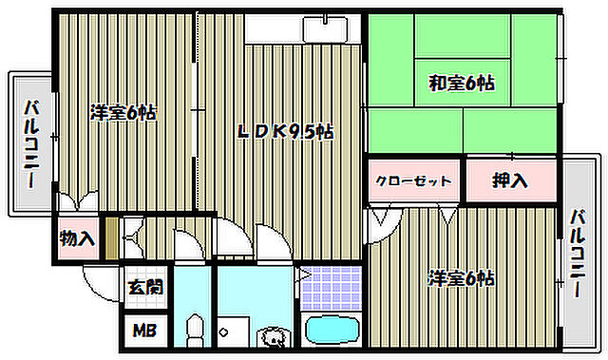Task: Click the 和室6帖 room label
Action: coord(460,84)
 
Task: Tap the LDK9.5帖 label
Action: coord(285,133)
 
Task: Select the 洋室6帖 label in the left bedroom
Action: coord(123,112)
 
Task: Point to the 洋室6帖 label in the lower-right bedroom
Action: coord(461,278)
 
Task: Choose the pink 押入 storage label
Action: coord(509,180)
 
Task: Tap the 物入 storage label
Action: coord(77,237)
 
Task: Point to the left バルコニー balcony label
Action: coord(32,142)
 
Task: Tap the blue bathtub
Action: coord(332,332)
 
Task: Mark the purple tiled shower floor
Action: coord(332,288)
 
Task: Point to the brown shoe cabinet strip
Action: coord(112,237)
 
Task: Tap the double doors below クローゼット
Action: coord(386,217)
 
